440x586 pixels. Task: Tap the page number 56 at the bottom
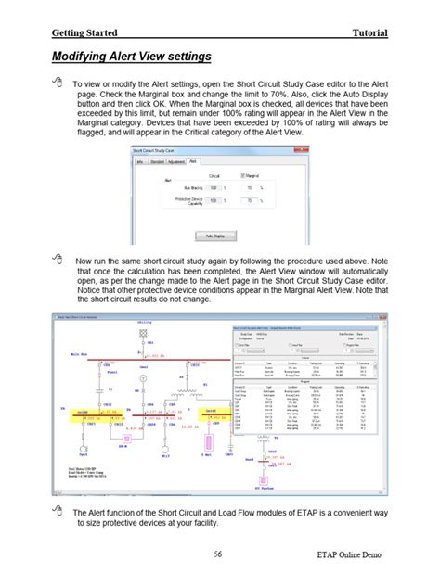(219, 554)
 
